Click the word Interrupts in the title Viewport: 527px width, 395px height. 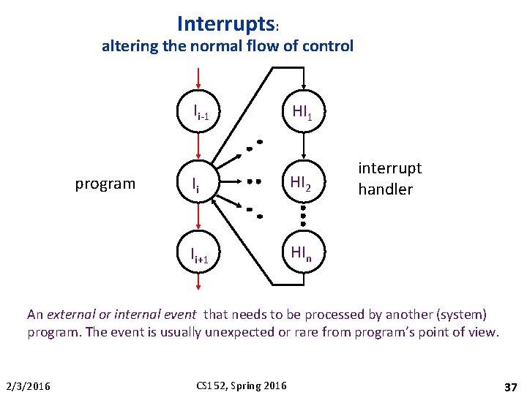tap(225, 23)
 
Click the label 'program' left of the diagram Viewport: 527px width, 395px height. tap(105, 184)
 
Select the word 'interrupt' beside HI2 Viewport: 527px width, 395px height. tap(389, 168)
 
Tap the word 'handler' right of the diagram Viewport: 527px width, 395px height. tap(385, 189)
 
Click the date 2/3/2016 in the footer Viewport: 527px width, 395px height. tap(29, 385)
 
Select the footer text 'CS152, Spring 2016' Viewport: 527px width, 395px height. tap(242, 385)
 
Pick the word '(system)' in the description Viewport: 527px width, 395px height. tap(460, 315)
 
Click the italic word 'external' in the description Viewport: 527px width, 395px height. tap(71, 315)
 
